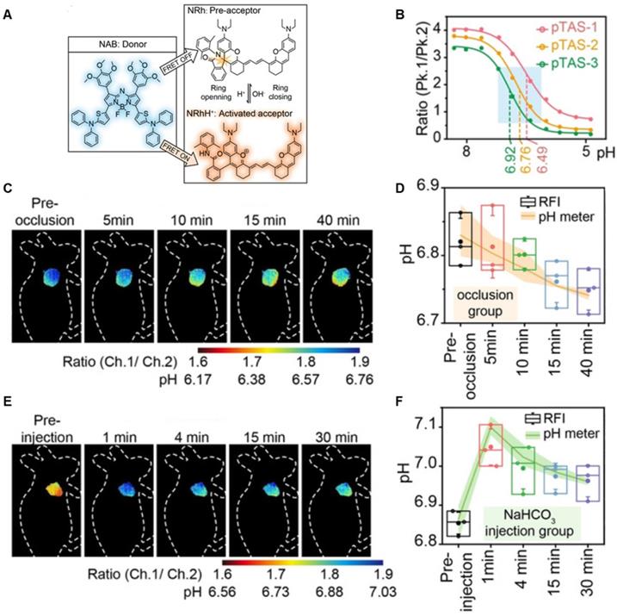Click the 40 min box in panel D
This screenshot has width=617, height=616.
coord(588,291)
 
